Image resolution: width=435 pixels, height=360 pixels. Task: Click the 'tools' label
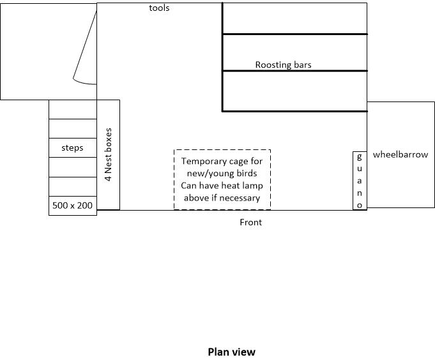[x=159, y=8]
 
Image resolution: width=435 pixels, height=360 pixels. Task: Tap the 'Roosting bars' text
[x=283, y=64]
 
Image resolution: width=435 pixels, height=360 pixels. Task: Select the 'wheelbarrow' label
[x=401, y=154]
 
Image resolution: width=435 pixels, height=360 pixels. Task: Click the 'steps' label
[x=72, y=147]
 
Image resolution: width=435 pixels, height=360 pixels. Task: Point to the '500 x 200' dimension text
[x=72, y=206]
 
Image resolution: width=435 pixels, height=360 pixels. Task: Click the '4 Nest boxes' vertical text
[x=108, y=155]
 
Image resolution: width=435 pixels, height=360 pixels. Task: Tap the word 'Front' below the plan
[x=250, y=222]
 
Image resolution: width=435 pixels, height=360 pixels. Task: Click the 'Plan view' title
[x=231, y=352]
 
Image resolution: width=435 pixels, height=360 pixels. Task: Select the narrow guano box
[x=360, y=181]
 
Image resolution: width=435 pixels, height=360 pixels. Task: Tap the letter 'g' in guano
[x=360, y=156]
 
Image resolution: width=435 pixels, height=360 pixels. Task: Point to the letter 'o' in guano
[x=360, y=205]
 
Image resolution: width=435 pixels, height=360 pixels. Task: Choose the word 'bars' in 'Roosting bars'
[x=301, y=64]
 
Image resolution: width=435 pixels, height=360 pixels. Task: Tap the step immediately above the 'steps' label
[x=72, y=128]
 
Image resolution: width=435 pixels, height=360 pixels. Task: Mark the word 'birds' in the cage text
[x=246, y=174]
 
